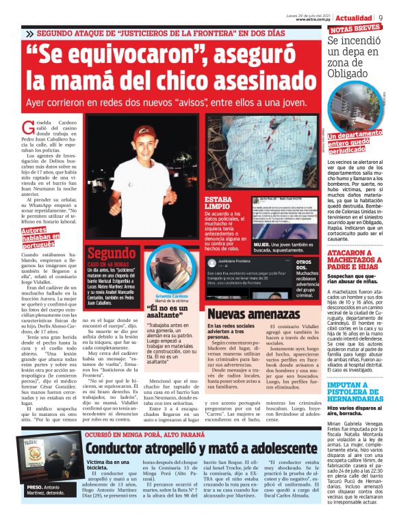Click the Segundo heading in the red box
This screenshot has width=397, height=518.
tap(112, 253)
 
